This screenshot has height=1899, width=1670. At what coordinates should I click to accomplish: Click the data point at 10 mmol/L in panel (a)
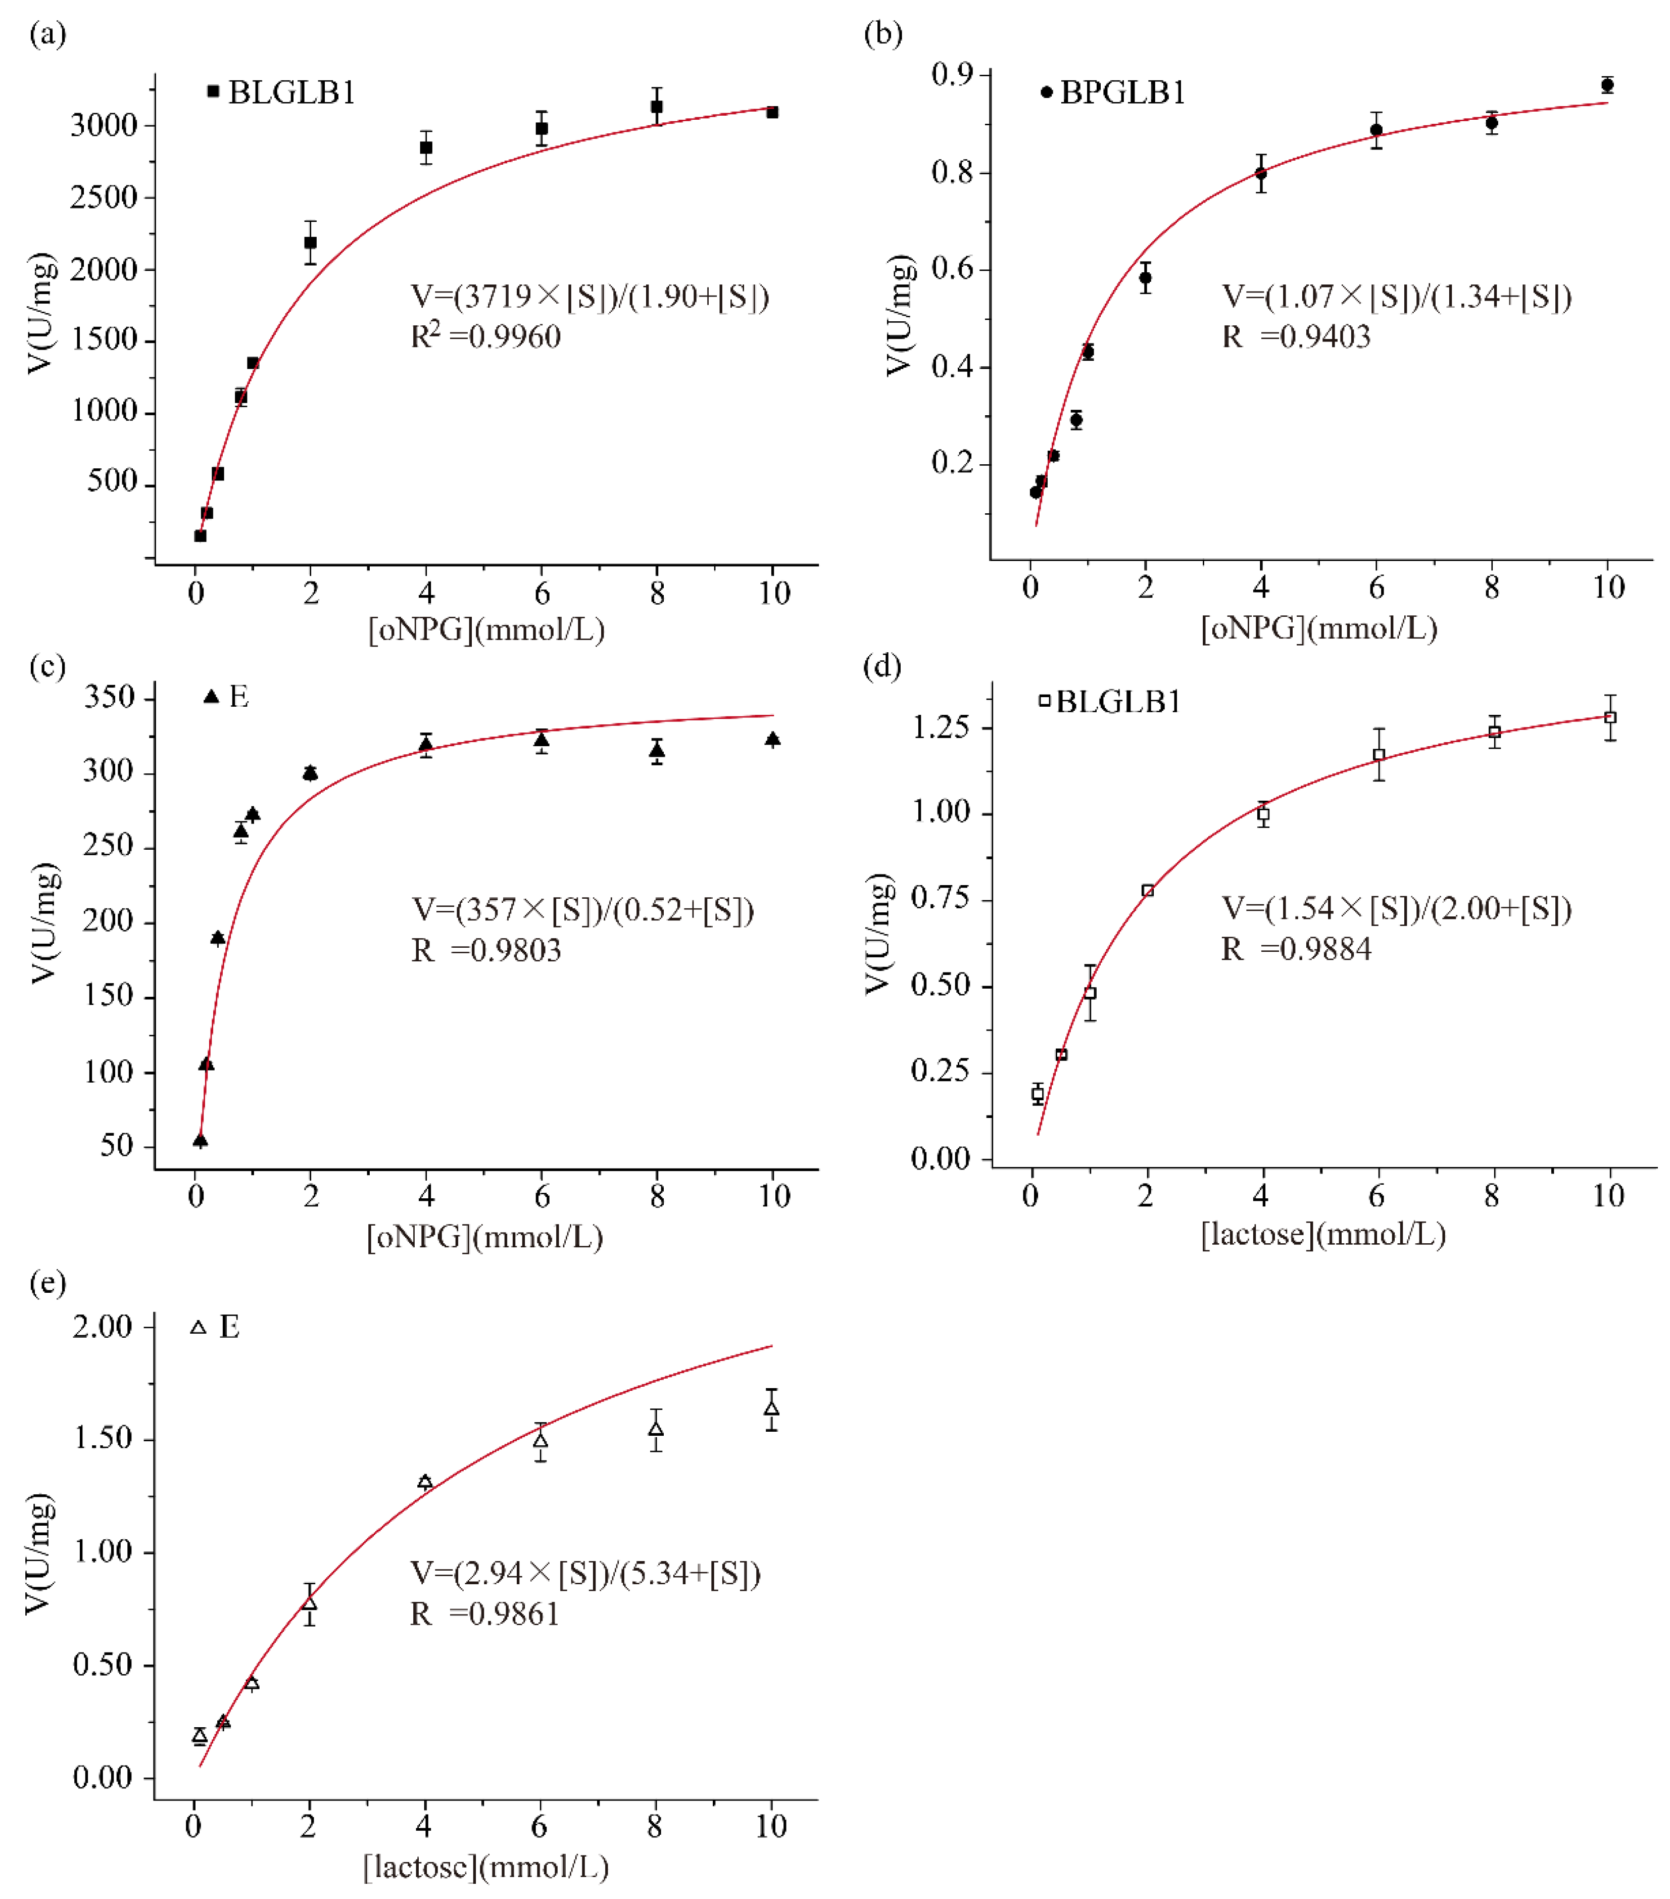tap(772, 113)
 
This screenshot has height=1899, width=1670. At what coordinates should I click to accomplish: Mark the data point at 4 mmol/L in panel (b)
tap(1260, 174)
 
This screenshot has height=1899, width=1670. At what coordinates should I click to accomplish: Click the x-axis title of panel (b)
tap(1319, 629)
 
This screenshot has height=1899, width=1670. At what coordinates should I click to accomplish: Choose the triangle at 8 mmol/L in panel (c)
tap(657, 751)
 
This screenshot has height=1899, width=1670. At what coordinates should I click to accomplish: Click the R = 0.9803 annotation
tap(486, 950)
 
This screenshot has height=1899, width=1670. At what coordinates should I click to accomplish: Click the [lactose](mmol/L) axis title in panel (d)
tap(1322, 1235)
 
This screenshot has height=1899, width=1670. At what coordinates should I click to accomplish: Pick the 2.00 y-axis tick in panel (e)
tap(102, 1327)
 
